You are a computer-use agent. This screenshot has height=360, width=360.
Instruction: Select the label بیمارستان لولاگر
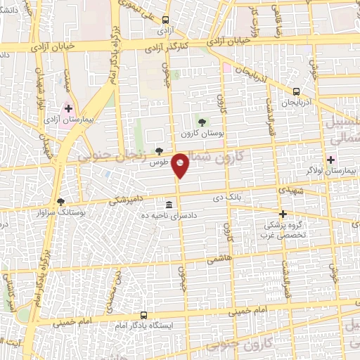pyautogui.click(x=344, y=171)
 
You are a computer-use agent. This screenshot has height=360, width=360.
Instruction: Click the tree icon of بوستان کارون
pyautogui.click(x=202, y=122)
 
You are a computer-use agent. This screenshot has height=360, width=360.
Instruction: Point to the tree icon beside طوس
pyautogui.click(x=160, y=150)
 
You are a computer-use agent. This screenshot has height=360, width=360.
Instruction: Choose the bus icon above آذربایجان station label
pyautogui.click(x=296, y=91)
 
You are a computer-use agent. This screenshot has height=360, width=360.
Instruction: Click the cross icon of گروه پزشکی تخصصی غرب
pyautogui.click(x=283, y=214)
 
